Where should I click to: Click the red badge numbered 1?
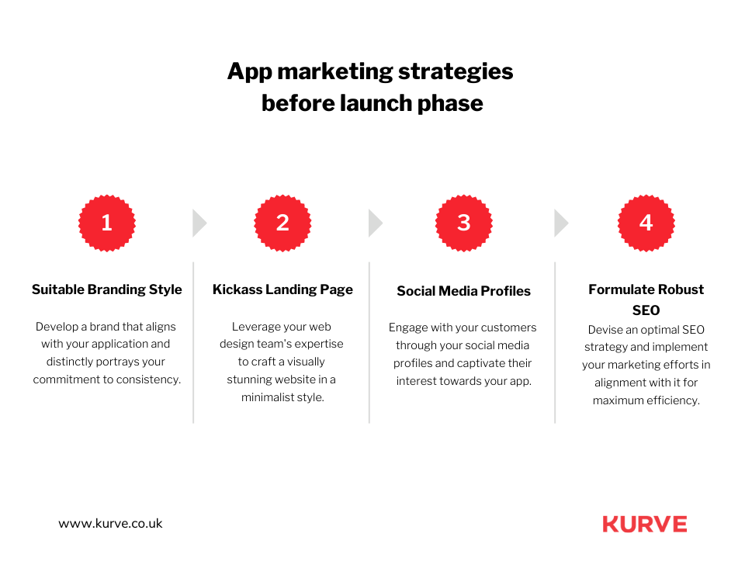pyautogui.click(x=107, y=223)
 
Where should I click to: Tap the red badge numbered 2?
pyautogui.click(x=282, y=223)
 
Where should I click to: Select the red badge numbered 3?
pyautogui.click(x=464, y=223)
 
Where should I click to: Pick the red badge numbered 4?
pyautogui.click(x=646, y=223)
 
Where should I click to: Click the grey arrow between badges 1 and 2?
pyautogui.click(x=199, y=223)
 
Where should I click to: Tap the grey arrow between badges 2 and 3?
pyautogui.click(x=376, y=223)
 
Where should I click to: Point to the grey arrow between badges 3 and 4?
pyautogui.click(x=561, y=223)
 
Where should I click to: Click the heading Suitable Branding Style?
pyautogui.click(x=107, y=289)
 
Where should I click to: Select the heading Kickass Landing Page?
pyautogui.click(x=282, y=289)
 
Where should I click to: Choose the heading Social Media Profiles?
pyautogui.click(x=464, y=291)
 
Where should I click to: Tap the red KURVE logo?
pyautogui.click(x=645, y=524)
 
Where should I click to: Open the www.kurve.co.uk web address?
pyautogui.click(x=110, y=523)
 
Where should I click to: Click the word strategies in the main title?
pyautogui.click(x=456, y=71)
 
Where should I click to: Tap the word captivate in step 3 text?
pyautogui.click(x=505, y=363)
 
